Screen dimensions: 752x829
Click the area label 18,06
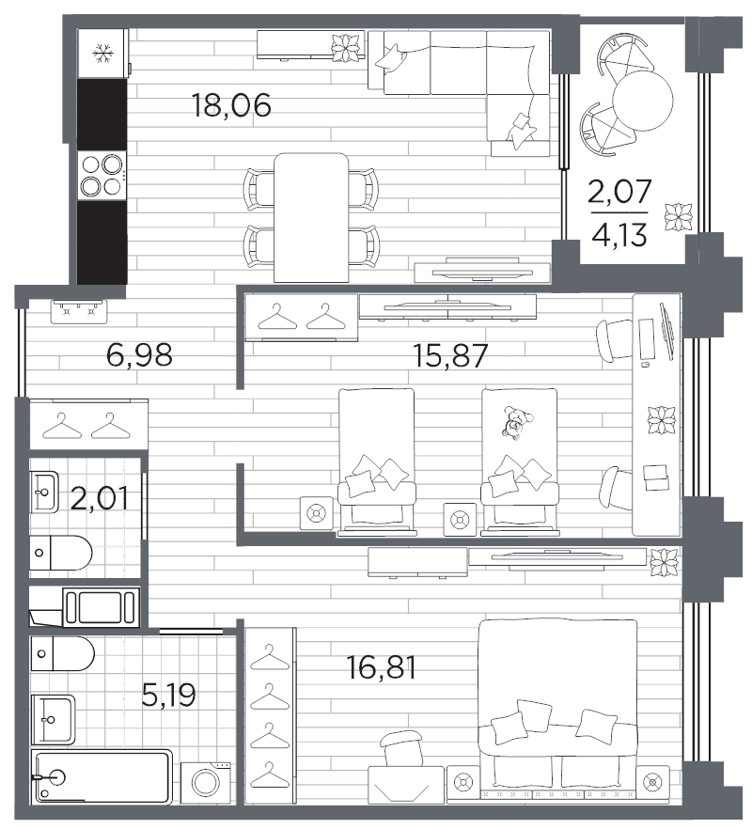click(x=231, y=105)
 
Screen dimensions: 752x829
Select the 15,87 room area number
click(x=449, y=355)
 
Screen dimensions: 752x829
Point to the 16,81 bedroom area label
click(x=382, y=667)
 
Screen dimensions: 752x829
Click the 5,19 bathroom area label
click(x=169, y=695)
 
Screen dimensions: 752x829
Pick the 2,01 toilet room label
click(x=99, y=497)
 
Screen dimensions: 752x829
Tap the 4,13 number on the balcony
click(x=619, y=235)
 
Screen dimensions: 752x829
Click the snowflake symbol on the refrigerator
click(x=102, y=54)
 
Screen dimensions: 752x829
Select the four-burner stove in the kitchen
click(x=102, y=176)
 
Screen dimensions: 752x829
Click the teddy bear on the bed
click(x=516, y=422)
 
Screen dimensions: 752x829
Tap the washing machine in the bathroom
click(x=206, y=783)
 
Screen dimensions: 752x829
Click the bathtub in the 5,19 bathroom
click(x=102, y=776)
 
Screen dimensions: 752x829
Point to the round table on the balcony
click(x=643, y=100)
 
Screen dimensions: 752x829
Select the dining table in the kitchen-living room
click(x=311, y=217)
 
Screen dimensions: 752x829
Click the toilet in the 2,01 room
click(x=60, y=553)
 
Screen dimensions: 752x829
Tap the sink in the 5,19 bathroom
click(x=53, y=719)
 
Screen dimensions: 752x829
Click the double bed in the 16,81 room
click(x=558, y=708)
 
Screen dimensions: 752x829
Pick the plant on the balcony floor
click(x=679, y=217)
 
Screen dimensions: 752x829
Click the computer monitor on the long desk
click(x=667, y=332)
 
